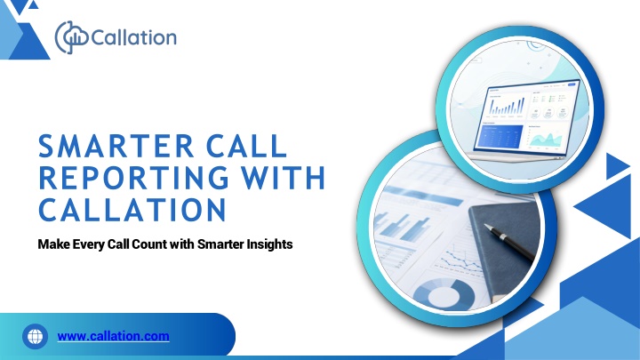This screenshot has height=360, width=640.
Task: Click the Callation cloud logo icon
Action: (71, 37)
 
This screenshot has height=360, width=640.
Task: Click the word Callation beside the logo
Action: (134, 37)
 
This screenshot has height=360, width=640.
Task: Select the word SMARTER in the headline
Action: (116, 146)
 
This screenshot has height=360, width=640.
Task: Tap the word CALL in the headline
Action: (246, 146)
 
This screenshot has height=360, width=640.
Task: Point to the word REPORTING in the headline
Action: (133, 178)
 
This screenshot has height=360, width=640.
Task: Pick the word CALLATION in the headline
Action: (132, 210)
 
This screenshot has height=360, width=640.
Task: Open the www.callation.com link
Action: (114, 336)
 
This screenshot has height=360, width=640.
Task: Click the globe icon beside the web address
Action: (35, 336)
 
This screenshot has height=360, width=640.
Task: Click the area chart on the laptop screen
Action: (546, 140)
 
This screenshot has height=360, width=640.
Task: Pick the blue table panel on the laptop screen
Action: (501, 137)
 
